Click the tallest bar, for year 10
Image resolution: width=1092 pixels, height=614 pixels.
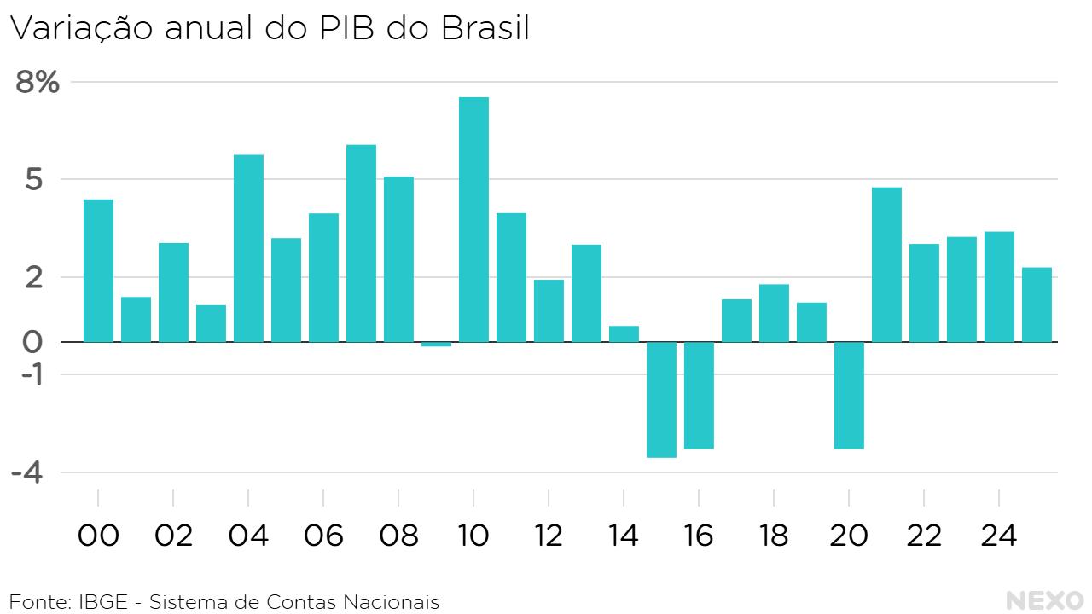coord(473,219)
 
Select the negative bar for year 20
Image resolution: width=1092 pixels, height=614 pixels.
coord(849,395)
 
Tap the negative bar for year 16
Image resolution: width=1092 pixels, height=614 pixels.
coord(699,395)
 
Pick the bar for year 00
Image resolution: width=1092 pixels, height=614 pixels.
coord(98,270)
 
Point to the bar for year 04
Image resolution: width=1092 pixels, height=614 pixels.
coord(248,248)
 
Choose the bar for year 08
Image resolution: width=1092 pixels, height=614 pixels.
coord(398,259)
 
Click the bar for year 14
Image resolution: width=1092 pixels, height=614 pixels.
coord(624,333)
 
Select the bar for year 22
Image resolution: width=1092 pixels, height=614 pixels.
coord(924,293)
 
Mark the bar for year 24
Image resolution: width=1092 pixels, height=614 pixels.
coord(999,287)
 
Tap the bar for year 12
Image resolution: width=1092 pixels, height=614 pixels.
coord(549,310)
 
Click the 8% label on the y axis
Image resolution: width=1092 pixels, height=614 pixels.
coord(38,83)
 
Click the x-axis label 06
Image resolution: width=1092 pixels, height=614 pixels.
coord(323,536)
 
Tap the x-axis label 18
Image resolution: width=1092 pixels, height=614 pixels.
coord(774,536)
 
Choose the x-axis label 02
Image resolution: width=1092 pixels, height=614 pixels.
coord(173,536)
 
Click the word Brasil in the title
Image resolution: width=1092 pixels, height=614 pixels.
coord(485,28)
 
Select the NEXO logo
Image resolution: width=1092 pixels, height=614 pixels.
coord(1045,600)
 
